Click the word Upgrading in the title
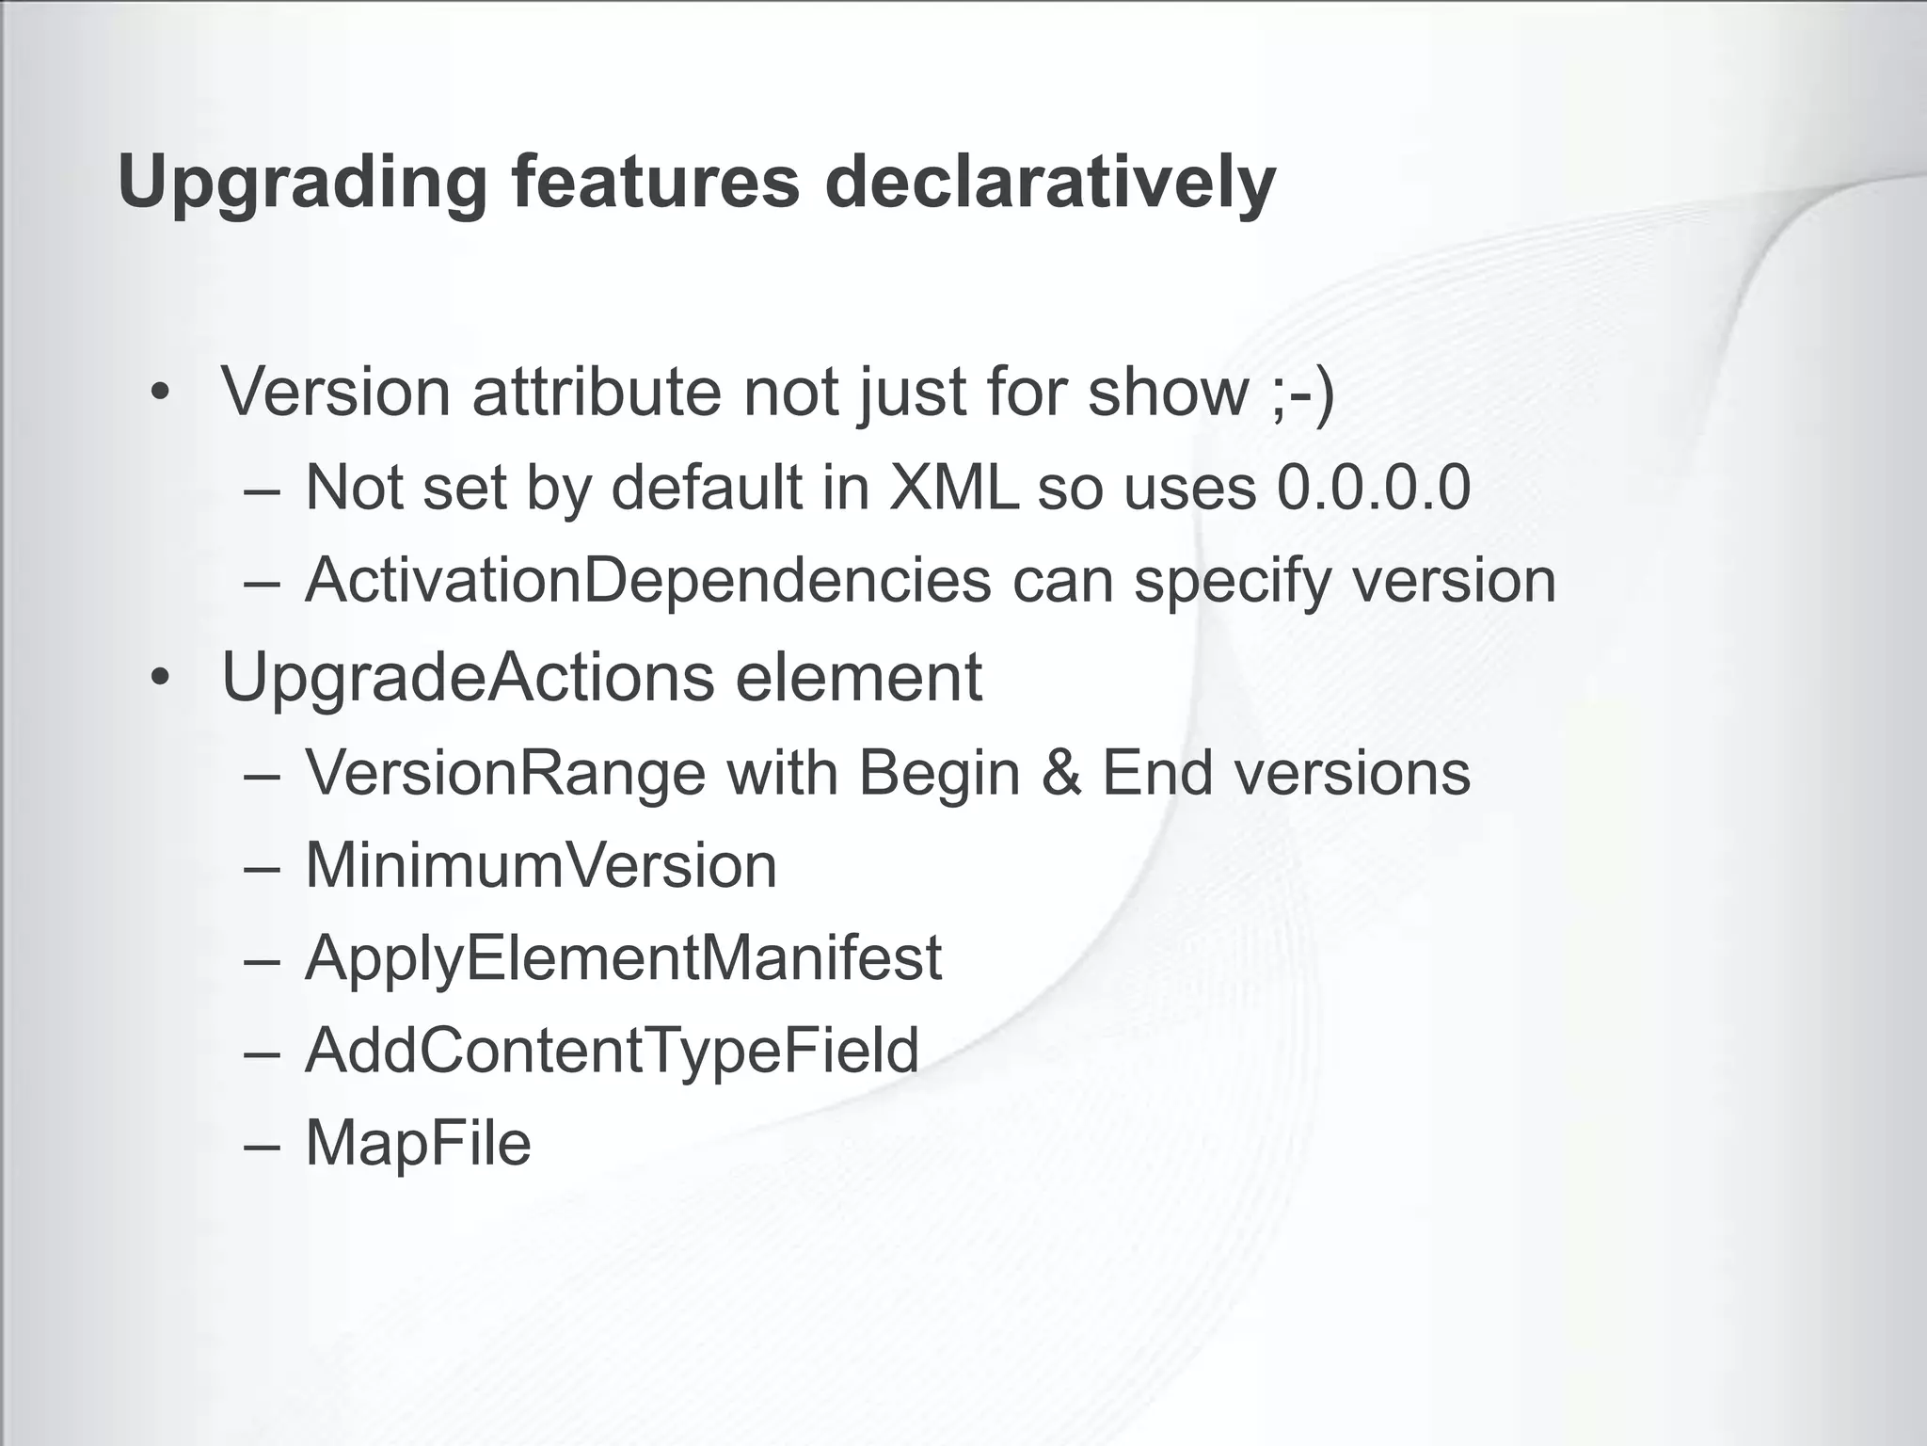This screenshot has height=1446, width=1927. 302,184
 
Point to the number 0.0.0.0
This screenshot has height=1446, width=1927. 1373,488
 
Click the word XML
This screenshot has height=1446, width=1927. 953,488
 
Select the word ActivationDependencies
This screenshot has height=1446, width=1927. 647,580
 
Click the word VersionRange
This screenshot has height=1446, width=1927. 505,773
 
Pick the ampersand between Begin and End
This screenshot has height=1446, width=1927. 1060,773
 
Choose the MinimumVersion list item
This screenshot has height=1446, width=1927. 541,865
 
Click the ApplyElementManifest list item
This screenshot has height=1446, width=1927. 623,957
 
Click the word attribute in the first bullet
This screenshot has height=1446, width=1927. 596,392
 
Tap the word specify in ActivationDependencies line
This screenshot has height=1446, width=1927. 1232,582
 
